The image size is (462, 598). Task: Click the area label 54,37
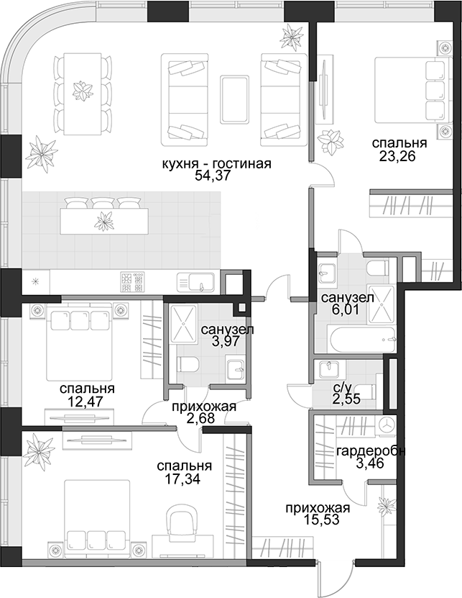point(216,176)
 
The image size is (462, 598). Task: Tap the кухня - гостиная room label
point(216,163)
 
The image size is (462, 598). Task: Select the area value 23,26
point(397,156)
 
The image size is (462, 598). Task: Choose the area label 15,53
point(322,520)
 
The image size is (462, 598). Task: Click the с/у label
point(342,388)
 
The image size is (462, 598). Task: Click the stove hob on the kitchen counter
point(132,281)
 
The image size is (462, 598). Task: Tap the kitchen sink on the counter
point(195,282)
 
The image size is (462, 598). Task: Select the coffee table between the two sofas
point(234,99)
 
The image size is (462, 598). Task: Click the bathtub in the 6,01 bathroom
point(363,339)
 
